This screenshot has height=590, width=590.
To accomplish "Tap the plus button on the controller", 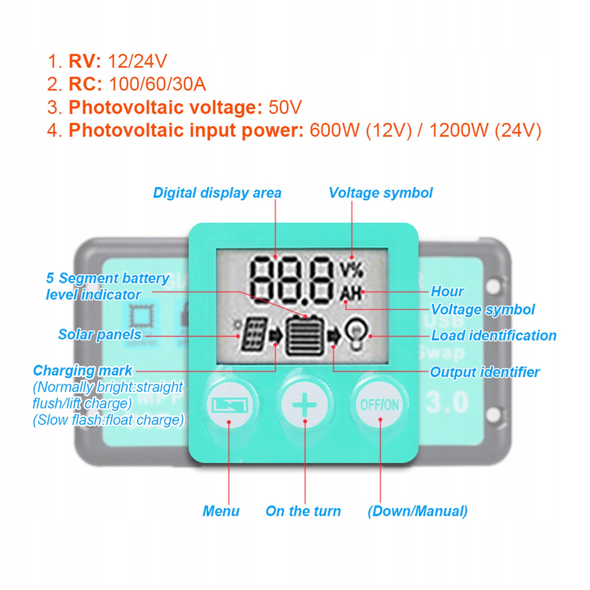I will click(x=304, y=405).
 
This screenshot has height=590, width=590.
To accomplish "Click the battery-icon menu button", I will click(x=229, y=405).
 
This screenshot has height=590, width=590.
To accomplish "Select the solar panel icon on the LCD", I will click(x=254, y=334).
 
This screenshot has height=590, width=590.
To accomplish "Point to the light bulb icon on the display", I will click(x=356, y=333).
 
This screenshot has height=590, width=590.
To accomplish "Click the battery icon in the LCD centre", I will click(x=305, y=336).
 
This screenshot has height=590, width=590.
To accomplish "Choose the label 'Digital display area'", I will click(x=217, y=193).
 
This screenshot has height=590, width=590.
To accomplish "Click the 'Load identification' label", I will click(x=493, y=336).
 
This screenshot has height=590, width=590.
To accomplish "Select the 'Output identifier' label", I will click(x=485, y=372).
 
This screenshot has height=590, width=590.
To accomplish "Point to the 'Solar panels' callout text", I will click(x=100, y=335).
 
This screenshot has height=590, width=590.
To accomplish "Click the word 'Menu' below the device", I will click(x=221, y=511).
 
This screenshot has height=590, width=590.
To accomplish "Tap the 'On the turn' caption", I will click(x=303, y=511).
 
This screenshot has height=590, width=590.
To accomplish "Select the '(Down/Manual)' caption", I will click(x=417, y=511).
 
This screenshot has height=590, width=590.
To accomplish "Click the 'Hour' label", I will click(x=447, y=291).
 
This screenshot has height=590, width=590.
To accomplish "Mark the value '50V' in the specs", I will click(x=285, y=107).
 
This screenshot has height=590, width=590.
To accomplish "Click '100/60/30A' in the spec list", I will click(x=157, y=84).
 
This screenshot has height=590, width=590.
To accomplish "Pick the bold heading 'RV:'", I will click(x=85, y=61).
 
